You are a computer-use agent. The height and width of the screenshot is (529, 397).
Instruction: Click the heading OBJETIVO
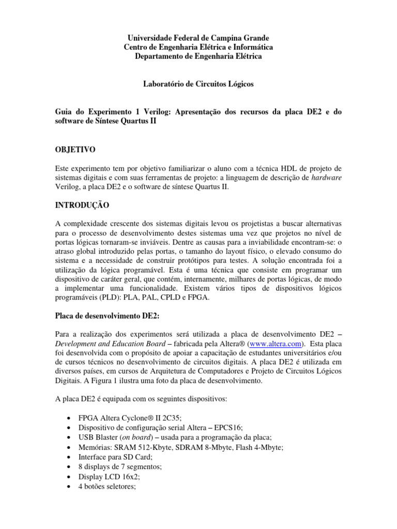tap(75, 150)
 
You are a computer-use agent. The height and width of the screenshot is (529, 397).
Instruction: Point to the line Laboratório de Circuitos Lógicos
tap(198, 84)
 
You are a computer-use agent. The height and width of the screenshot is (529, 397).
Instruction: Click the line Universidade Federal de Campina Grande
tap(198, 38)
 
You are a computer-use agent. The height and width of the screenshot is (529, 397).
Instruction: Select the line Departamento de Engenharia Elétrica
tap(198, 56)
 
